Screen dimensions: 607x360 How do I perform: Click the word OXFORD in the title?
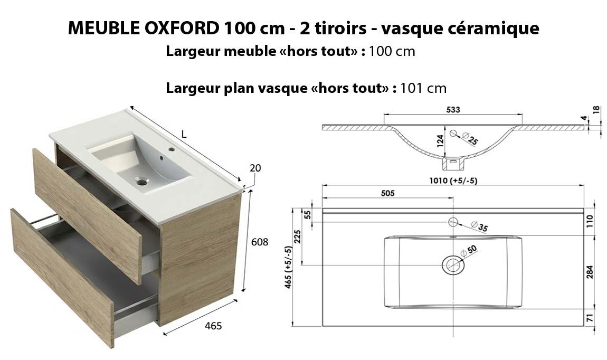[x=182, y=28]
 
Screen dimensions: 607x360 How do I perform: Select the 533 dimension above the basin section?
[x=453, y=110]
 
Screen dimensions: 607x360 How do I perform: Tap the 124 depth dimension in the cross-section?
[x=440, y=141]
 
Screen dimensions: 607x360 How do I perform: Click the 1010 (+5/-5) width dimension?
[x=453, y=181]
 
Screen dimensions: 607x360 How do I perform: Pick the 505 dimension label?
[x=387, y=193]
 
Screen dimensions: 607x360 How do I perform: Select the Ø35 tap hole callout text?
[x=480, y=226]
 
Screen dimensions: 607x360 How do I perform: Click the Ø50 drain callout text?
[x=469, y=251]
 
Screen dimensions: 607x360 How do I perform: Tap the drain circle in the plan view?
[x=452, y=265]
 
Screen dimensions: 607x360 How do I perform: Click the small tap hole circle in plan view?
[x=453, y=222]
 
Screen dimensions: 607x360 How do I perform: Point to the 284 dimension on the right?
[x=590, y=272]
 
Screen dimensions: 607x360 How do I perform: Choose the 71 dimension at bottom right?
[x=590, y=318]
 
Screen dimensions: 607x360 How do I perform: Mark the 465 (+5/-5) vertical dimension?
[x=288, y=267]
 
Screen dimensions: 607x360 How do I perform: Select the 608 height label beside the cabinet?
[x=259, y=242]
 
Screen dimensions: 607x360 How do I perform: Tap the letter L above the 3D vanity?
[x=184, y=135]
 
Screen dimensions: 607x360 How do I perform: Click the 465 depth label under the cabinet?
[x=213, y=326]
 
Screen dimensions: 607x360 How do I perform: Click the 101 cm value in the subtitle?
[x=423, y=88]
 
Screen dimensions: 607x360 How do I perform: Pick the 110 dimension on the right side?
[x=590, y=222]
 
